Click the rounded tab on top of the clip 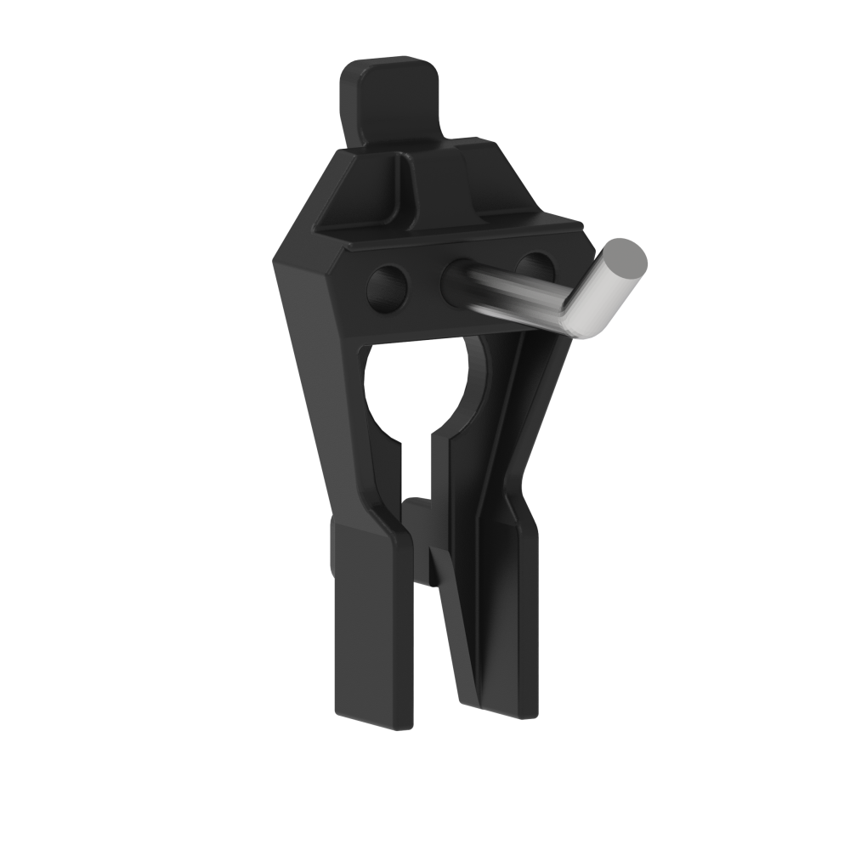pyautogui.click(x=391, y=98)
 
